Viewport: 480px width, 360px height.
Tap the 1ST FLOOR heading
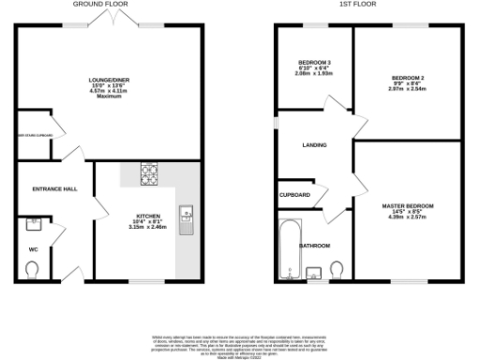358,5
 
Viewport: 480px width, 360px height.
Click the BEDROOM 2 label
409,77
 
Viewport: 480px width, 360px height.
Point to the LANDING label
314,145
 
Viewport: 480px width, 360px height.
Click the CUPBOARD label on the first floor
295,195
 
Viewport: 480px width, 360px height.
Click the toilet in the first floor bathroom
335,272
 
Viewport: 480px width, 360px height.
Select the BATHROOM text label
314,246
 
